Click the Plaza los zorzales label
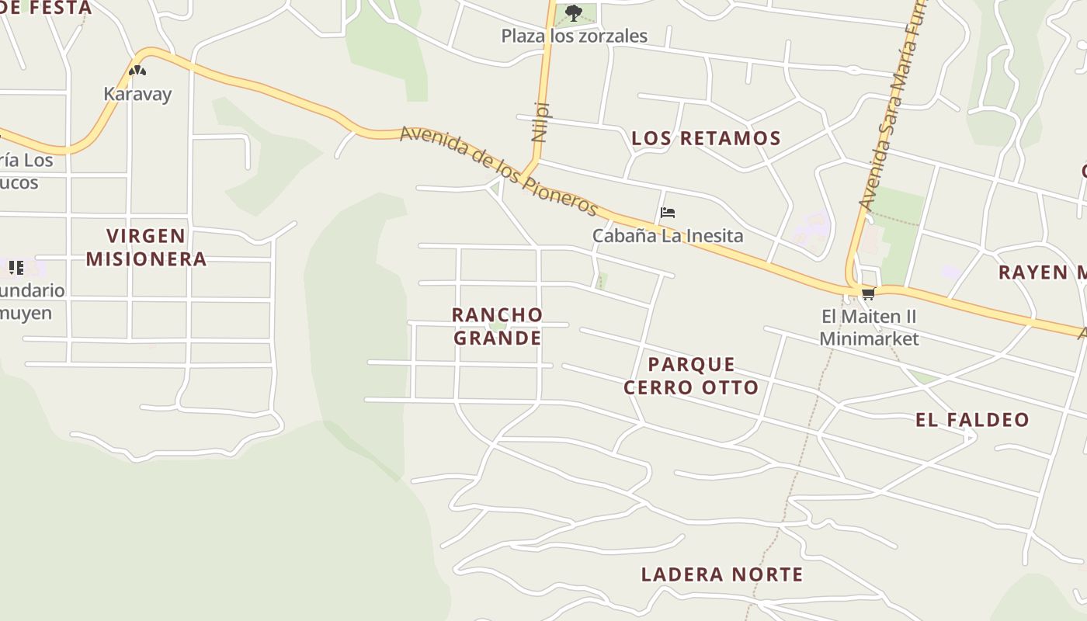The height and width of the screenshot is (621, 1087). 574,36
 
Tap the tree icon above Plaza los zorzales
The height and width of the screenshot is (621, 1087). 574,12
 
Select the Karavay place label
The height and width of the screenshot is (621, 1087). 137,94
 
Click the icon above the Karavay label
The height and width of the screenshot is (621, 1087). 137,71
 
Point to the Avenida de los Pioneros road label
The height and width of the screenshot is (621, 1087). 498,171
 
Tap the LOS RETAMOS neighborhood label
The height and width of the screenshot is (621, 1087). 705,139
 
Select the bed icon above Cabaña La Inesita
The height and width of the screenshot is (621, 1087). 667,213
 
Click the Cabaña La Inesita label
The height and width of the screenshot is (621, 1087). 667,235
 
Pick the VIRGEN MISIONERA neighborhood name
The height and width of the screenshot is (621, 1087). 146,247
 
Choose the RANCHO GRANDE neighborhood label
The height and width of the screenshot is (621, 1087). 498,326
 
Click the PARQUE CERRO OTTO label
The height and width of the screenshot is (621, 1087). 691,376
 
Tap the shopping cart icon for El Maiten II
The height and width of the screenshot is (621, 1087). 868,293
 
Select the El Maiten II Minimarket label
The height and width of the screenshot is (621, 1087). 869,328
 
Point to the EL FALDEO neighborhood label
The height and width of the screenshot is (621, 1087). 972,420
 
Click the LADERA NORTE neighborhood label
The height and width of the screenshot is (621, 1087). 721,574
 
